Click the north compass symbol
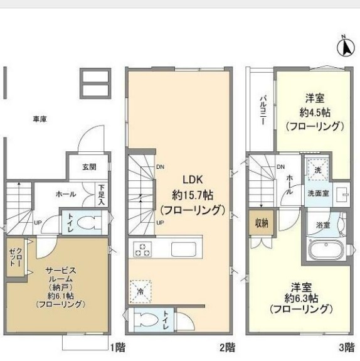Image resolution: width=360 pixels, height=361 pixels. pyautogui.click(x=344, y=47)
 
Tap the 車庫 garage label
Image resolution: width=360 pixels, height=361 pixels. pyautogui.click(x=40, y=119)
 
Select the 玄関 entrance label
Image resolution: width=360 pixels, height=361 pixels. pyautogui.click(x=88, y=168)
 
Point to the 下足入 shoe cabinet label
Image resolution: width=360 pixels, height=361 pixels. pyautogui.click(x=101, y=195)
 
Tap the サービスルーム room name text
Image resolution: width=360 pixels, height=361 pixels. pyautogui.click(x=61, y=274)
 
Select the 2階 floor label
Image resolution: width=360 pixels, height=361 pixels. pyautogui.click(x=227, y=347)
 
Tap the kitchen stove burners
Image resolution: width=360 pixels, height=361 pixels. pyautogui.click(x=142, y=250)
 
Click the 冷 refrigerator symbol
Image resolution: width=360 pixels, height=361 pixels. pyautogui.click(x=140, y=290)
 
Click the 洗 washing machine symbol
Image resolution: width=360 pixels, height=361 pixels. pyautogui.click(x=317, y=170)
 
